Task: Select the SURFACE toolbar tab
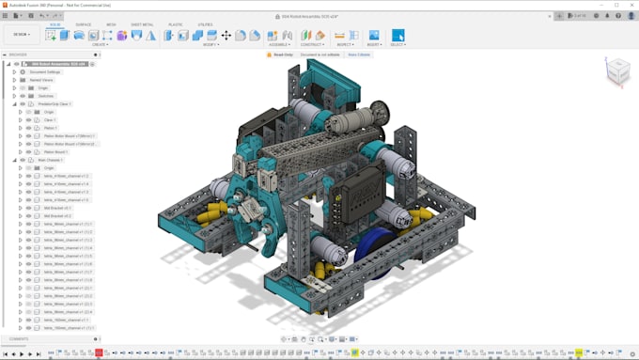coord(84,24)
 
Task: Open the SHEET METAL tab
coord(142,24)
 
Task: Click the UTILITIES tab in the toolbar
coord(205,24)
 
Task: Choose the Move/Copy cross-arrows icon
coord(226,36)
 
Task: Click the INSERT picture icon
coord(373,36)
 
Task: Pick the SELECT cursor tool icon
coord(397,36)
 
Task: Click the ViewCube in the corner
coord(617,71)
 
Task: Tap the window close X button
coord(631,4)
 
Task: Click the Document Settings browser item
coord(44,72)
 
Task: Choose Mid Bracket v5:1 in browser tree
coord(58,208)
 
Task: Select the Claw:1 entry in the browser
coord(50,120)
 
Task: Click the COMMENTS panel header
coord(19,338)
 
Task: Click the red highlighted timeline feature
coord(99,352)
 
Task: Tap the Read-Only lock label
coord(283,55)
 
